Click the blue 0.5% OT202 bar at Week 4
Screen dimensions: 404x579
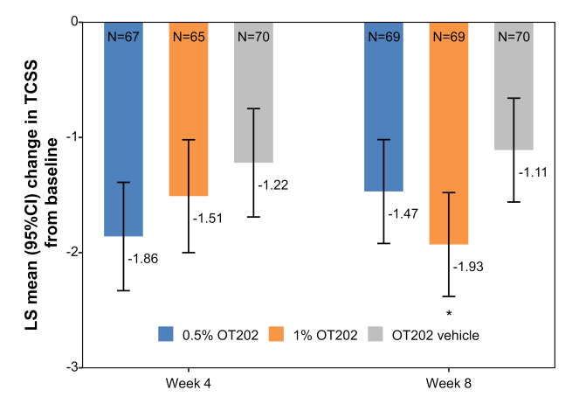click(123, 131)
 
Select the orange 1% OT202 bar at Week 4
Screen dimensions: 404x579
click(188, 114)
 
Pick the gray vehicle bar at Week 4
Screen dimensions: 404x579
click(253, 96)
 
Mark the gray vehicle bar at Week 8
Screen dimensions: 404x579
click(514, 87)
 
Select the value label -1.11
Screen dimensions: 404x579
click(534, 173)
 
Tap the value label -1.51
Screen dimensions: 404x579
click(208, 219)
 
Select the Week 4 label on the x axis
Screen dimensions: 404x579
click(188, 384)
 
